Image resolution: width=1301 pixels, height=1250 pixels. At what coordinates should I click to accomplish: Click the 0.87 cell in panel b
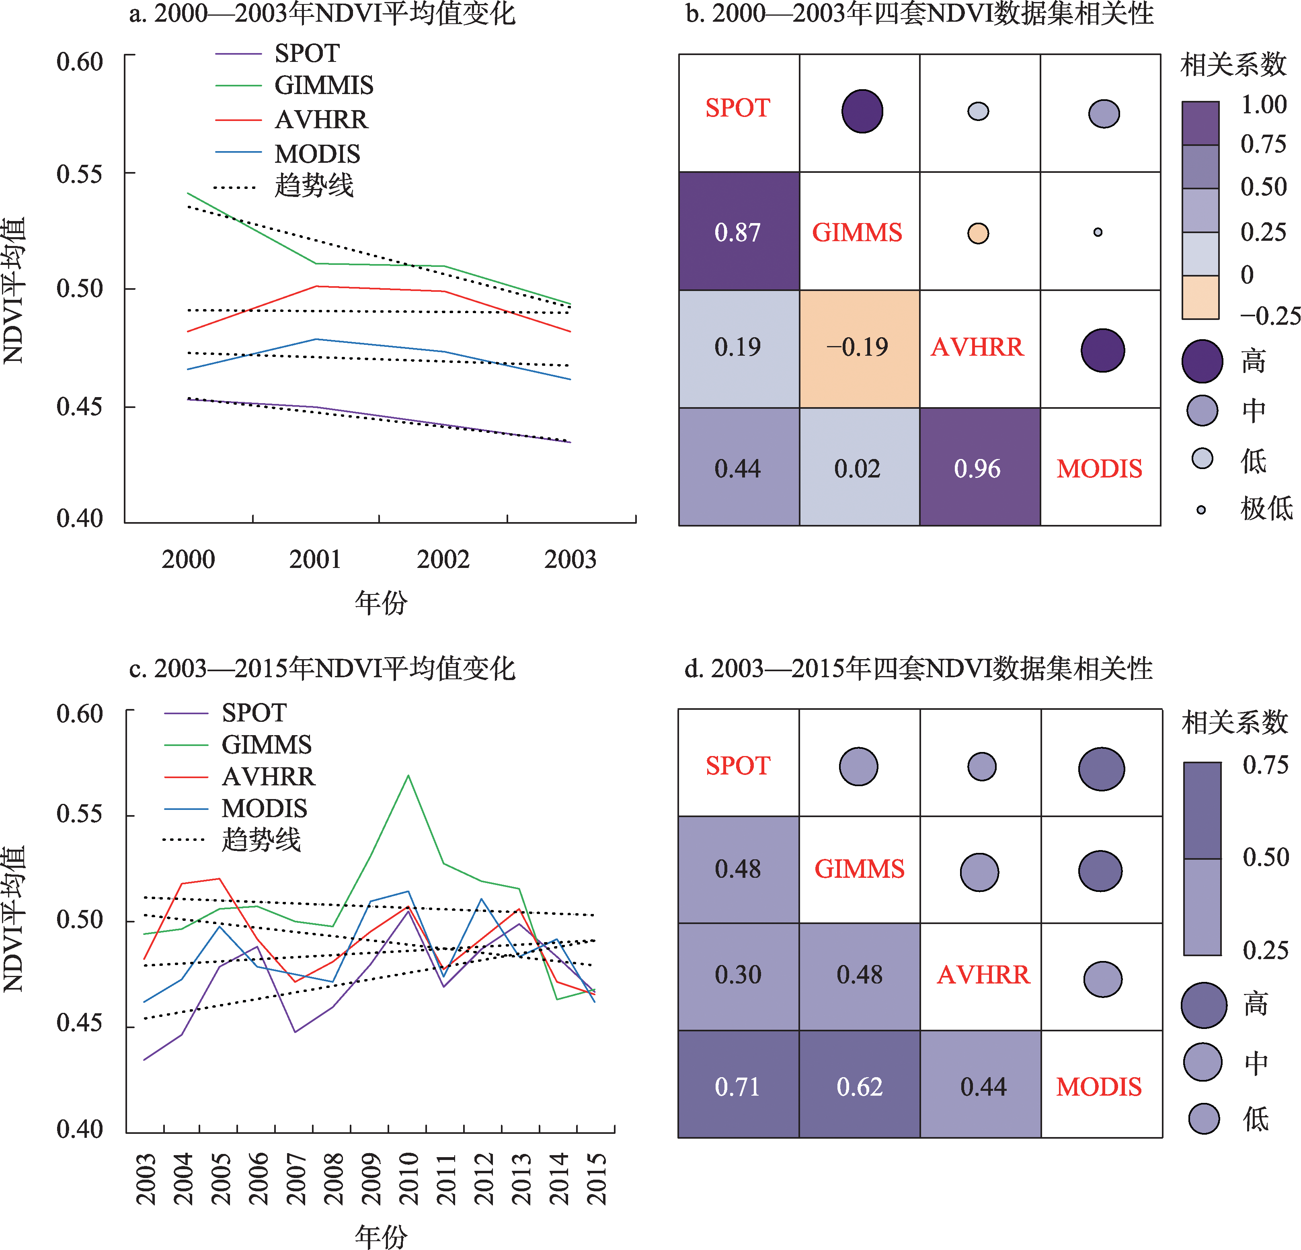[x=738, y=232]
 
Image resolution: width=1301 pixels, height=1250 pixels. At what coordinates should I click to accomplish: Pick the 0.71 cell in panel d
[x=737, y=1086]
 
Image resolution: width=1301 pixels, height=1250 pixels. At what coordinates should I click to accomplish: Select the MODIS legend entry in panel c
[x=264, y=808]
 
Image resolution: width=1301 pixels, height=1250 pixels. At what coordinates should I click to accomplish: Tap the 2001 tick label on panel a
[x=315, y=559]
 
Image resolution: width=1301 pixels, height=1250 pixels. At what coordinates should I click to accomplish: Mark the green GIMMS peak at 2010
[x=408, y=776]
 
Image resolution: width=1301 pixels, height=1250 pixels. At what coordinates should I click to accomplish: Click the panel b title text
[x=919, y=13]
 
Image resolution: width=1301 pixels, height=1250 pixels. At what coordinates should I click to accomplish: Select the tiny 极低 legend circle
[x=1201, y=510]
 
